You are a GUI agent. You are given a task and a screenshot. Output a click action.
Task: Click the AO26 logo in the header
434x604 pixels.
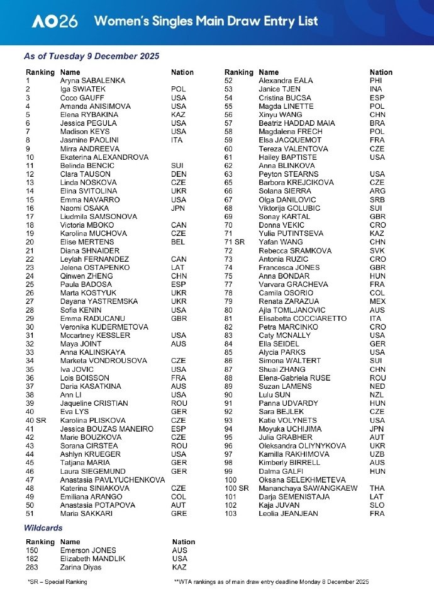[55, 21]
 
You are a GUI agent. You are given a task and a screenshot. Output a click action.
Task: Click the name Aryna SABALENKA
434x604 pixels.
[92, 81]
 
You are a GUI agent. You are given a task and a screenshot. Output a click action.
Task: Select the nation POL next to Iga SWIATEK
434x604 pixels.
[178, 89]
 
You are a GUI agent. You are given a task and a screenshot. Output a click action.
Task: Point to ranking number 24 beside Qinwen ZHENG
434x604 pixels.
[30, 276]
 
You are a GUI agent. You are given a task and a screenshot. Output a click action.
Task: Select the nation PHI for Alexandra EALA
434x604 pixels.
[376, 81]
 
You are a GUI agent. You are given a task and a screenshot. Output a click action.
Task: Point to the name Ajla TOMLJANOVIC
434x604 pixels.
[292, 310]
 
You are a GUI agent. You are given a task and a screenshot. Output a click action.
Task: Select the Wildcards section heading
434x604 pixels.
[43, 528]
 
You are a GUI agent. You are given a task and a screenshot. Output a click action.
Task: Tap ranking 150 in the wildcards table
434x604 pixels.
[32, 551]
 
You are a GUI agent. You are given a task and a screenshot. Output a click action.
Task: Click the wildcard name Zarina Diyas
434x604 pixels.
[82, 568]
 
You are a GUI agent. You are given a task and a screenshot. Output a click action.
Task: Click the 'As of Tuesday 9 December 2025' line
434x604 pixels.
[92, 56]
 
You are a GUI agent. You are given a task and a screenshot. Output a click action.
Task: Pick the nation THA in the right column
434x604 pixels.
[377, 488]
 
